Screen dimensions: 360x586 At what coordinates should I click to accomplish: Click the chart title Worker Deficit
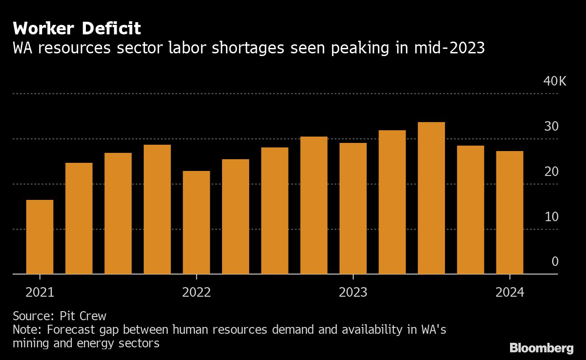77,29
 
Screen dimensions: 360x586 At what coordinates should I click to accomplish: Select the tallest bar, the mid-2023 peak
431,198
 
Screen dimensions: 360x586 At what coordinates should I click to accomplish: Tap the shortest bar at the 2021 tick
40,237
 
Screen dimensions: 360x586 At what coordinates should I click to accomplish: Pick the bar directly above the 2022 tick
196,223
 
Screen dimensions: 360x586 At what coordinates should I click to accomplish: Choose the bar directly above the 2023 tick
353,208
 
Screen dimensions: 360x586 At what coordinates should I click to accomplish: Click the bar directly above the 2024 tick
510,213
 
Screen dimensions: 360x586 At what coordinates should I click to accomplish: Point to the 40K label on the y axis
555,81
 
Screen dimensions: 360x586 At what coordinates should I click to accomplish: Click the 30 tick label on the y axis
551,127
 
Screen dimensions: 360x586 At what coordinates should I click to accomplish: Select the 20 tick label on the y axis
551,172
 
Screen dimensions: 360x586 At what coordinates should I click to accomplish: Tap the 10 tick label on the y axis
551,217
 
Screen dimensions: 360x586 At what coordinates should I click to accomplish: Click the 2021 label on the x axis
40,293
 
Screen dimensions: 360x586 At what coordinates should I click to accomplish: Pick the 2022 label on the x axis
196,293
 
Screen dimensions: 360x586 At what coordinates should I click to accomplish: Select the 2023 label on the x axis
353,293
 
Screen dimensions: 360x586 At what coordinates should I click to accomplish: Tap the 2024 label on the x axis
510,293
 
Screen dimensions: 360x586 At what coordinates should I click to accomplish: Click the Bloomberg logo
542,348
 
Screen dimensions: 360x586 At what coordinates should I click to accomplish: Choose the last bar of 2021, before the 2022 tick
157,209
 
